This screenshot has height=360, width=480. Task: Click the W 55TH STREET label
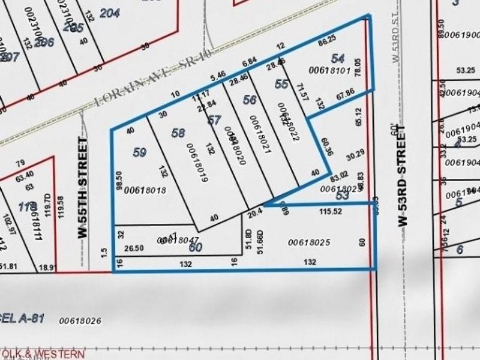[82, 188]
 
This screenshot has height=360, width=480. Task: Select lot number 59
[139, 152]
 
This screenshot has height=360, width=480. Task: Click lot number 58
[178, 133]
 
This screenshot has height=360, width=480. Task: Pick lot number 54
[338, 58]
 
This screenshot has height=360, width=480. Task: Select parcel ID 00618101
[329, 70]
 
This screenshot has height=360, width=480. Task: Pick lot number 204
[110, 13]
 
